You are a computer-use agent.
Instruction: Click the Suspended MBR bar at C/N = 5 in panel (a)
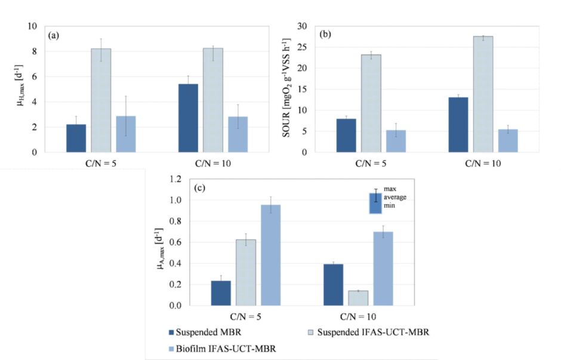76,138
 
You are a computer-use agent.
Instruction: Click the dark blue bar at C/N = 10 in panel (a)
188,118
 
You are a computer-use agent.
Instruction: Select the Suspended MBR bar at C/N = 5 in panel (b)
346,136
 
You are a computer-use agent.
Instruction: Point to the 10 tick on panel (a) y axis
33,26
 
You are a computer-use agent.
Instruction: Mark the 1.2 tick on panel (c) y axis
175,179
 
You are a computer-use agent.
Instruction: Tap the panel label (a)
54,35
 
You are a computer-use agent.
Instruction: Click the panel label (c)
200,188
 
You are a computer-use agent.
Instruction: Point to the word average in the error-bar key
394,197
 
